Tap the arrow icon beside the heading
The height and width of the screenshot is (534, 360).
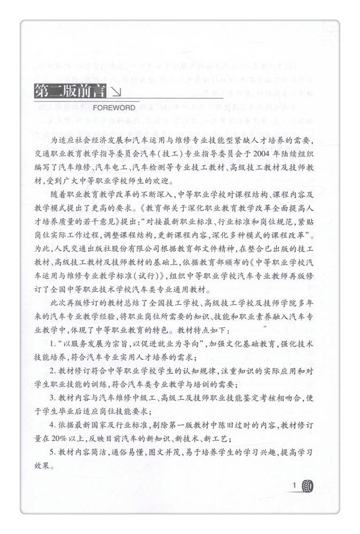click(x=115, y=94)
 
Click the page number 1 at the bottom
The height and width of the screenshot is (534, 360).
click(x=294, y=485)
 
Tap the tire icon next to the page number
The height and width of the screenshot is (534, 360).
click(x=308, y=486)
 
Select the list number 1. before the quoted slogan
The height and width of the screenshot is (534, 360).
click(x=54, y=343)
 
